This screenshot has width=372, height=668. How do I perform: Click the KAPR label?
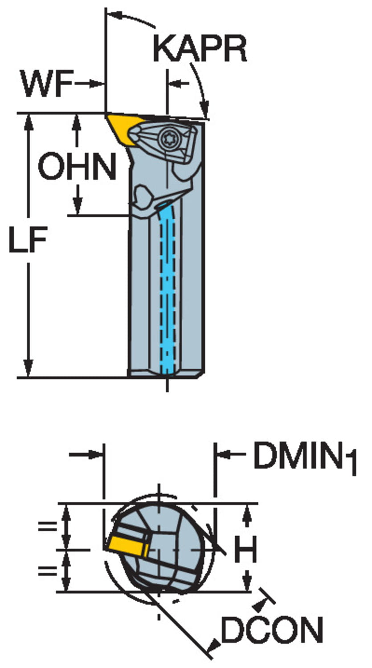[200, 49]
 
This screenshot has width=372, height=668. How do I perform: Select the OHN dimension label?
[77, 166]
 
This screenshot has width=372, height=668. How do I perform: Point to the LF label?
[28, 240]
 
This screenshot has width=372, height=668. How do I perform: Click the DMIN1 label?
[305, 459]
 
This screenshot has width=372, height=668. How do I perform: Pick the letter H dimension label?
[245, 549]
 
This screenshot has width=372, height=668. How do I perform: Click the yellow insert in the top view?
[124, 128]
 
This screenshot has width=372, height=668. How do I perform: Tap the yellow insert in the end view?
[128, 547]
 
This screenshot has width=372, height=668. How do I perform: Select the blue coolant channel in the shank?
[168, 286]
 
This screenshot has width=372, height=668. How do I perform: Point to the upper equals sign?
[47, 526]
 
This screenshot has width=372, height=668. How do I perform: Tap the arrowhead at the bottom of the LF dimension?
[29, 369]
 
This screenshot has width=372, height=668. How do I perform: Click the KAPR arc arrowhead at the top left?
[114, 14]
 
